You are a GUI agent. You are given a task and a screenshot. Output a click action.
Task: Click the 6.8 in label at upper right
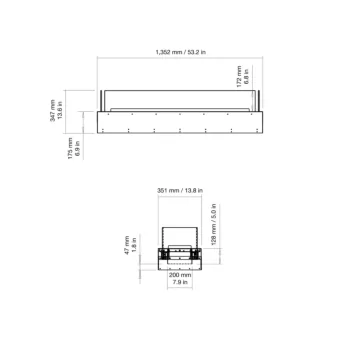(246, 75)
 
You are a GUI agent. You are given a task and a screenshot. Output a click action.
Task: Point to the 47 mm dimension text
(128, 245)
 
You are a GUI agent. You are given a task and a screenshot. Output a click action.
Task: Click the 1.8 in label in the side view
(136, 245)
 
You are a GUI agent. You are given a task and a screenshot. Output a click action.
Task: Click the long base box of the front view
(180, 123)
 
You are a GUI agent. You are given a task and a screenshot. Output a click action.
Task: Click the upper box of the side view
(179, 231)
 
